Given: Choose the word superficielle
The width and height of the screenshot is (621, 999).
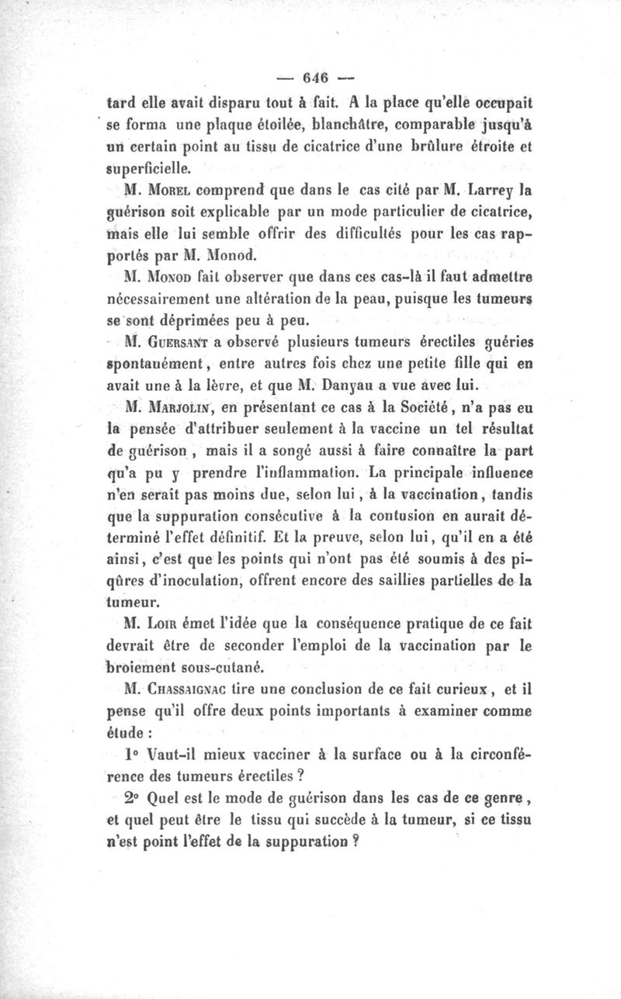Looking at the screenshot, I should (142, 167).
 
